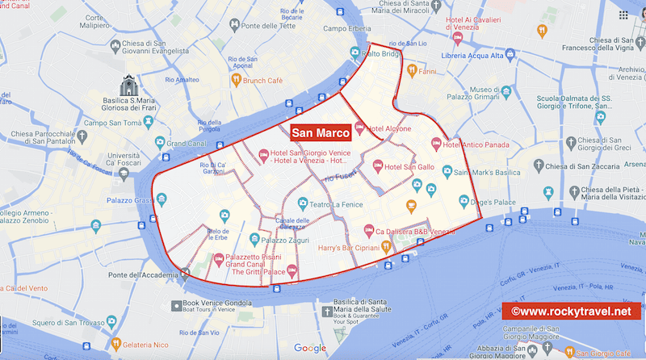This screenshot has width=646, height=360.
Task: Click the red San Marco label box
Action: tap(320, 133)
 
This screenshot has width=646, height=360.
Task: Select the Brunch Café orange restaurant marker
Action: tap(237, 80)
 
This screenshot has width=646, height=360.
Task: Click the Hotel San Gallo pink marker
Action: tap(378, 166)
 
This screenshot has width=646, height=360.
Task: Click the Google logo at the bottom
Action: tap(310, 348)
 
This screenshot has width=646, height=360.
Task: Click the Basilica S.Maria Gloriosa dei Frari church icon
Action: tap(129, 85)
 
